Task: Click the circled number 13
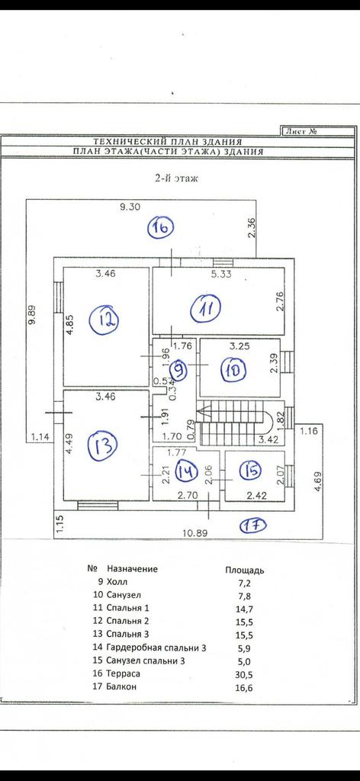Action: [x=102, y=445]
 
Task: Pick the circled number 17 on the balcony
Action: [x=253, y=525]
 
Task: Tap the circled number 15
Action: [x=250, y=470]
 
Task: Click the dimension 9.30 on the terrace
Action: [x=130, y=207]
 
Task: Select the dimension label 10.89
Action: [x=194, y=533]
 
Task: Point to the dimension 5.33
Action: [x=220, y=274]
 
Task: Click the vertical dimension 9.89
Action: [x=32, y=314]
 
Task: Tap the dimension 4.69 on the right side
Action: [x=318, y=483]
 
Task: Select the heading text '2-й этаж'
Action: [x=176, y=178]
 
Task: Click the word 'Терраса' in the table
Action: [x=124, y=673]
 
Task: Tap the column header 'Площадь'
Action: [x=245, y=570]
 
